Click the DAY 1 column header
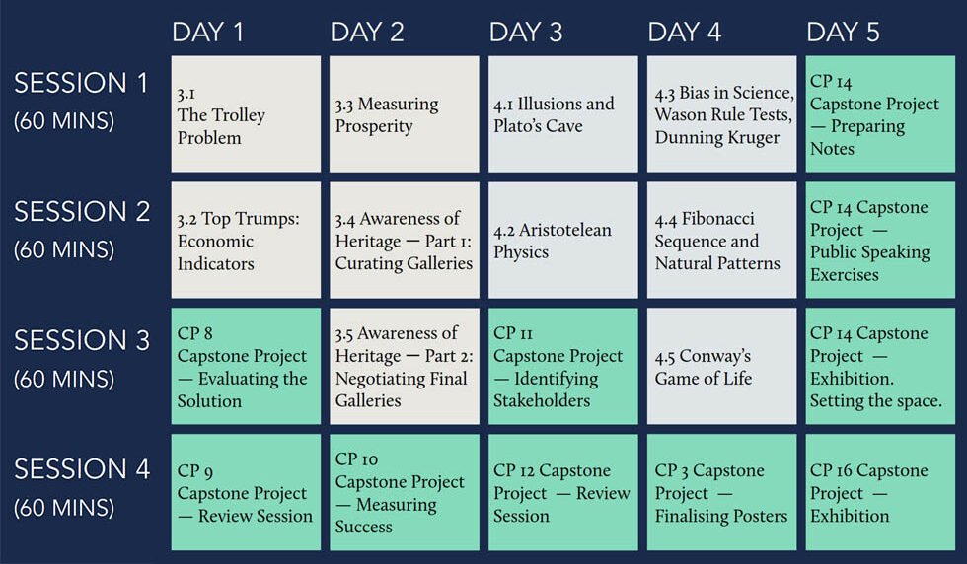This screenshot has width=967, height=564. click(x=208, y=33)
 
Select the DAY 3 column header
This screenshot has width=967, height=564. click(x=525, y=33)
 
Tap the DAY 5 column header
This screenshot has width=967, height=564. click(x=843, y=33)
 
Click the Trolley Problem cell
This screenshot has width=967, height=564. click(x=246, y=114)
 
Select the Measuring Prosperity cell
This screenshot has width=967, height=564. click(x=404, y=114)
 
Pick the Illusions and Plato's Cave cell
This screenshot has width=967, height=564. click(x=563, y=114)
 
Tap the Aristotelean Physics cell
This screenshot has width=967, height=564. click(x=563, y=240)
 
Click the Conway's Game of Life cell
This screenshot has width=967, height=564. click(x=721, y=366)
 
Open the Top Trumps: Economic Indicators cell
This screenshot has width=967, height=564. click(x=246, y=240)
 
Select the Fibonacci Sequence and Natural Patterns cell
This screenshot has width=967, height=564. click(x=721, y=240)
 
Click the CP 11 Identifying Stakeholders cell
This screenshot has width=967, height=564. click(x=563, y=366)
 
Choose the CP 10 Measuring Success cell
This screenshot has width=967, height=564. click(x=404, y=492)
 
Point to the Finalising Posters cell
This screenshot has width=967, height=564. click(x=721, y=492)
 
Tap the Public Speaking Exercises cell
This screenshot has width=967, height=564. click(x=880, y=240)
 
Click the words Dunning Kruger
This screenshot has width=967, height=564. click(x=716, y=137)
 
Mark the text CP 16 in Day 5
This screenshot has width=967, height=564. click(x=831, y=470)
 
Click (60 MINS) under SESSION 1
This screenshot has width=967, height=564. click(x=64, y=121)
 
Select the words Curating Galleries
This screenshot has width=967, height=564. click(x=404, y=263)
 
